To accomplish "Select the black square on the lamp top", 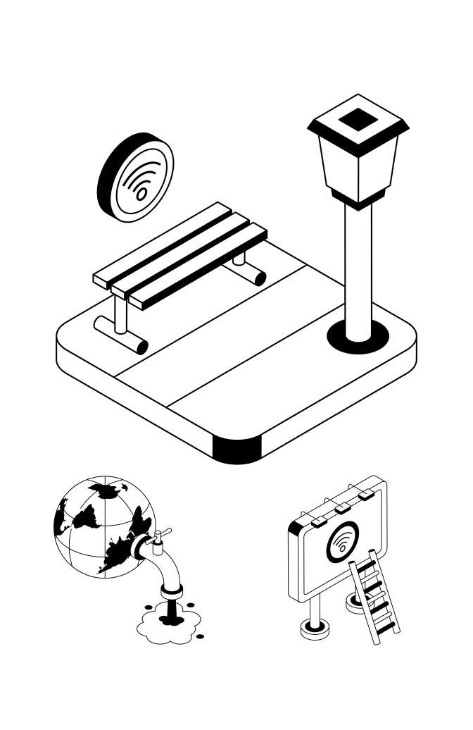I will coord(358,121).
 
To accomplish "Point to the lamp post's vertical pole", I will coord(358,268).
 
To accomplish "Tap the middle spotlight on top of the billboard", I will coord(343,507).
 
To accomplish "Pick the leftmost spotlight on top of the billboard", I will coord(316,521).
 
